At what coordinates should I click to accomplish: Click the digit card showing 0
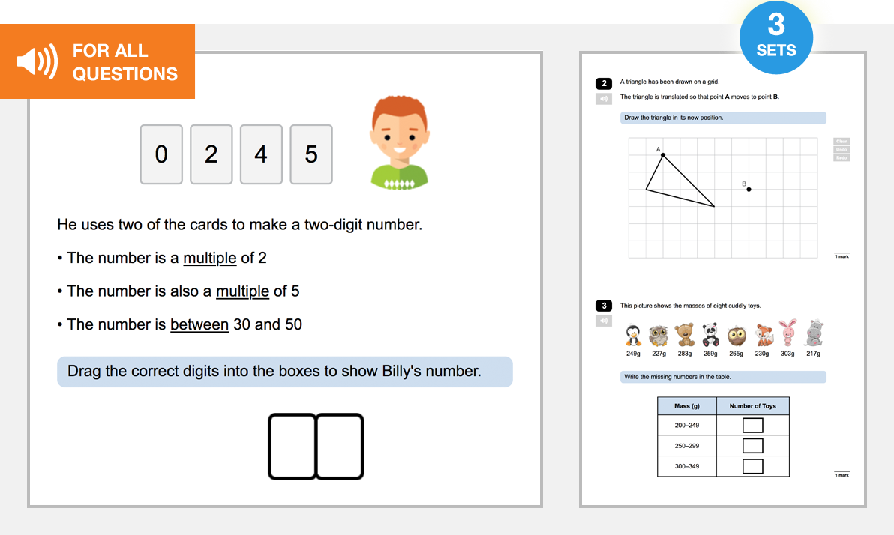pos(161,154)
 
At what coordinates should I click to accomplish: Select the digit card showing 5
pos(311,154)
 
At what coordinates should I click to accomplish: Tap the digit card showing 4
pos(261,154)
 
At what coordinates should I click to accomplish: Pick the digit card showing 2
pos(211,154)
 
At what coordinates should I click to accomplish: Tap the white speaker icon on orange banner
pos(37,62)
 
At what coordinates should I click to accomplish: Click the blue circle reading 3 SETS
pos(776,37)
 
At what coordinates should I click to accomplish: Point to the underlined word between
pos(199,324)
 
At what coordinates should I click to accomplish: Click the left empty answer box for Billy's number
pos(292,446)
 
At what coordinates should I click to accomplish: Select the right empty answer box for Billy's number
pos(340,446)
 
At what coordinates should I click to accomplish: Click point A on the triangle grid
pos(663,155)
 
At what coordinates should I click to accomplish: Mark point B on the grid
pos(748,189)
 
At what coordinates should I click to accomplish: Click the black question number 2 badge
pos(604,83)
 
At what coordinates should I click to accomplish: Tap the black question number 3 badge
pos(604,306)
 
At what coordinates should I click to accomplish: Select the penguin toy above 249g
pos(633,333)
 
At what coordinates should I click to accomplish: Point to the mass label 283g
pos(685,354)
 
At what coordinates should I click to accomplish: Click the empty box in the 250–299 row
pos(753,446)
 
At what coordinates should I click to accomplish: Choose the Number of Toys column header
pos(753,406)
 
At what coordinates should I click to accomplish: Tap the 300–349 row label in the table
pos(687,466)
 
